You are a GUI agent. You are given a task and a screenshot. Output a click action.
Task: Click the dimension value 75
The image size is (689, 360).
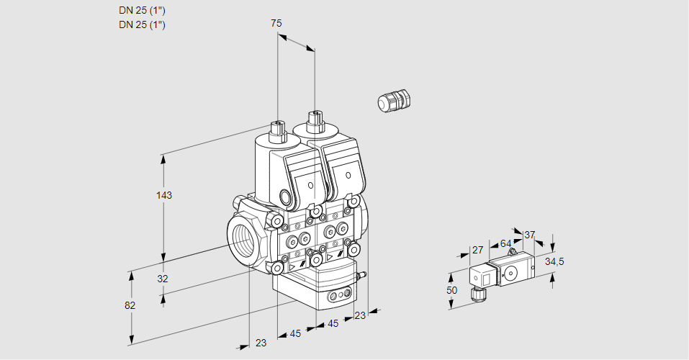pos(276,23)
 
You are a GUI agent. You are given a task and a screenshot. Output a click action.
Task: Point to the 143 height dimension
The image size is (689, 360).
pos(166,195)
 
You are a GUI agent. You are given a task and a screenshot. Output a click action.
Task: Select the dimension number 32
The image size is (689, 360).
pos(162,279)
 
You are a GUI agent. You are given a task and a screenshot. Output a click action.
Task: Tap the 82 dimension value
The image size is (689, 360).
pos(130,305)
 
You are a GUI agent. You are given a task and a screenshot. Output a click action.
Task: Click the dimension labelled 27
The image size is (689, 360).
pos(477,250)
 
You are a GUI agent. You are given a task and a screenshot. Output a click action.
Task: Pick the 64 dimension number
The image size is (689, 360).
pos(505,243)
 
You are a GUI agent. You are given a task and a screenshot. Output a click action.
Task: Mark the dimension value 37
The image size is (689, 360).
pos(530,235)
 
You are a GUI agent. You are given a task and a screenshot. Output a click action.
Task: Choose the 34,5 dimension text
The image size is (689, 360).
pos(554,261)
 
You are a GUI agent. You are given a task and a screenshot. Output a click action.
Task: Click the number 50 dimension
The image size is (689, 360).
pos(452,290)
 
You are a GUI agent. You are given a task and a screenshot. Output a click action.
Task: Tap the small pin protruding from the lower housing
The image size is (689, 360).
pos(363,274)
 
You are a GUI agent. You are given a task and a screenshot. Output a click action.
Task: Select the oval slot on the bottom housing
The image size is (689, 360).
pos(338,296)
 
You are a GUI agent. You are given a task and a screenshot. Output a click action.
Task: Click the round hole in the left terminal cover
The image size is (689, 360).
pos(311,186)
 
